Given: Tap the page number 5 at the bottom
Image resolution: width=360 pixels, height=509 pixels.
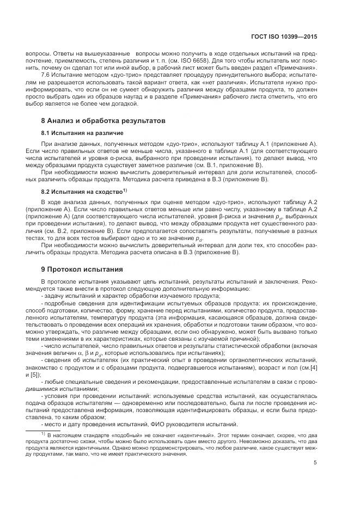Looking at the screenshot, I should (315, 463).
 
